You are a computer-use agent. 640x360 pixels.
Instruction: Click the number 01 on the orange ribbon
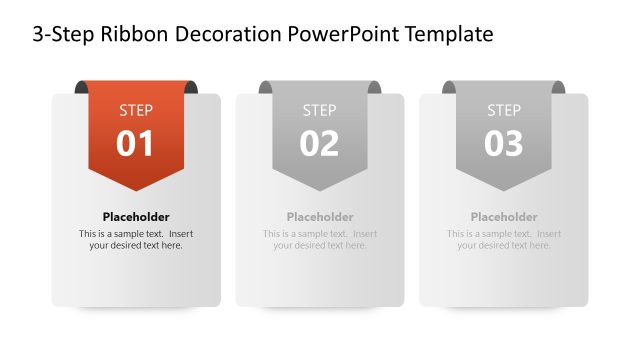tap(136, 144)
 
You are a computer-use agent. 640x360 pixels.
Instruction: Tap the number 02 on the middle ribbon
tap(320, 144)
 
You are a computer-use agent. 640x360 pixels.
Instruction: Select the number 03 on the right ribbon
tap(504, 144)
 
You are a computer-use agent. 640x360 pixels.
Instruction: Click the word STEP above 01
tap(136, 110)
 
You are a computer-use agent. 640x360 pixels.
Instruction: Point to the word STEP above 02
tap(320, 110)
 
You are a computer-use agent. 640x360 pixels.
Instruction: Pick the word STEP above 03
tap(504, 110)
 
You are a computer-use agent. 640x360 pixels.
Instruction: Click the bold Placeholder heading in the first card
tap(136, 217)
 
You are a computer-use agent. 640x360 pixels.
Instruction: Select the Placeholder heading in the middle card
tap(320, 217)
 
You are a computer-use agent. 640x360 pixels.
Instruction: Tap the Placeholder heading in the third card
tap(504, 217)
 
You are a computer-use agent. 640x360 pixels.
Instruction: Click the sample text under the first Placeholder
tap(136, 240)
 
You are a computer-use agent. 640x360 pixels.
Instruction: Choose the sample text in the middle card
tap(320, 240)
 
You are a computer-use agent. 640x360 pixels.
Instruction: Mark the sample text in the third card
tap(504, 240)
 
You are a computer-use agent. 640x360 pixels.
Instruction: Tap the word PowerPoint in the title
tap(345, 35)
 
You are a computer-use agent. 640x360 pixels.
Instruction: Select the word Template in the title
tap(450, 35)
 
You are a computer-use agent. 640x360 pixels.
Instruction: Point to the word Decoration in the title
tap(226, 35)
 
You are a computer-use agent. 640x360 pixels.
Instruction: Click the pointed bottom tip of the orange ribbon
tap(136, 188)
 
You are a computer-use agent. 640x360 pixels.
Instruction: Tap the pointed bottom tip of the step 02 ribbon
tap(320, 188)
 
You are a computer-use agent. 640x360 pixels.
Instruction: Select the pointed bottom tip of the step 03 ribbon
tap(504, 188)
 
